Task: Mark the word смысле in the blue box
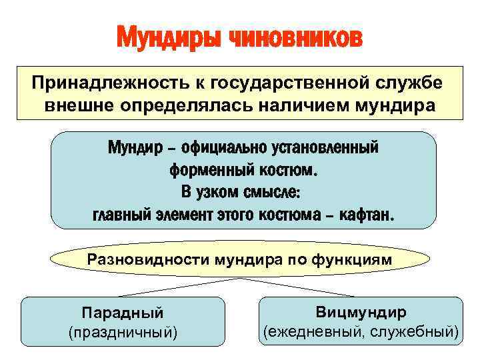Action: point(273,193)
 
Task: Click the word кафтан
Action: point(369,216)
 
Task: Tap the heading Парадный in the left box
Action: point(122,313)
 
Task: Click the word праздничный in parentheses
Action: point(122,331)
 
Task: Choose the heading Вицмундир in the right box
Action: point(360,312)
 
